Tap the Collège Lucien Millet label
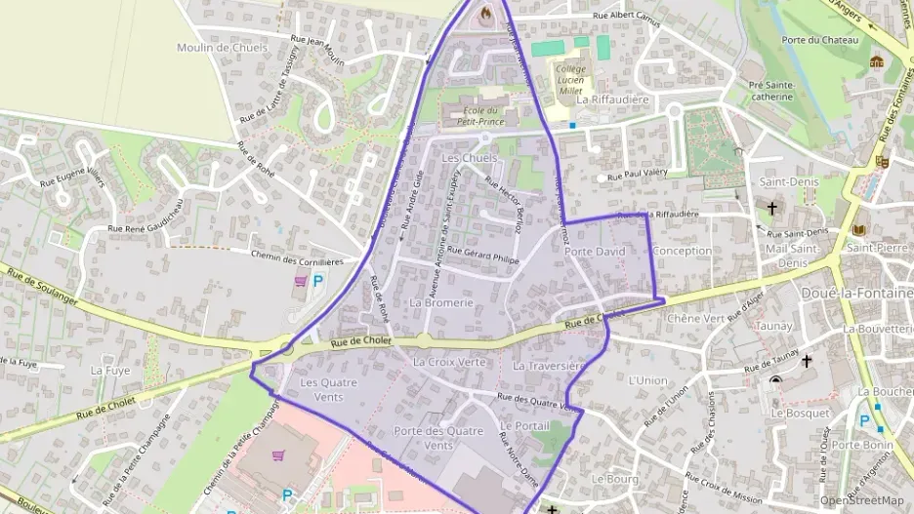coord(570,79)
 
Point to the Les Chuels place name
coord(469,158)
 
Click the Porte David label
coord(594,252)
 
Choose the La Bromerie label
coord(441,302)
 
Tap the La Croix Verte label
coord(449,362)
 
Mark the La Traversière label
coord(548,366)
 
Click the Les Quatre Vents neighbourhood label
coord(328,388)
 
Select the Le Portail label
coord(524,426)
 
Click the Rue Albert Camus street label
coord(627,17)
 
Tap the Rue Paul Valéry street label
coord(643,173)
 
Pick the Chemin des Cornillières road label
coord(297,259)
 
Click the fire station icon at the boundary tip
coord(487,14)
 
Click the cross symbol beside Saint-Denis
coord(772,208)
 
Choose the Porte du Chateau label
coord(819,40)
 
